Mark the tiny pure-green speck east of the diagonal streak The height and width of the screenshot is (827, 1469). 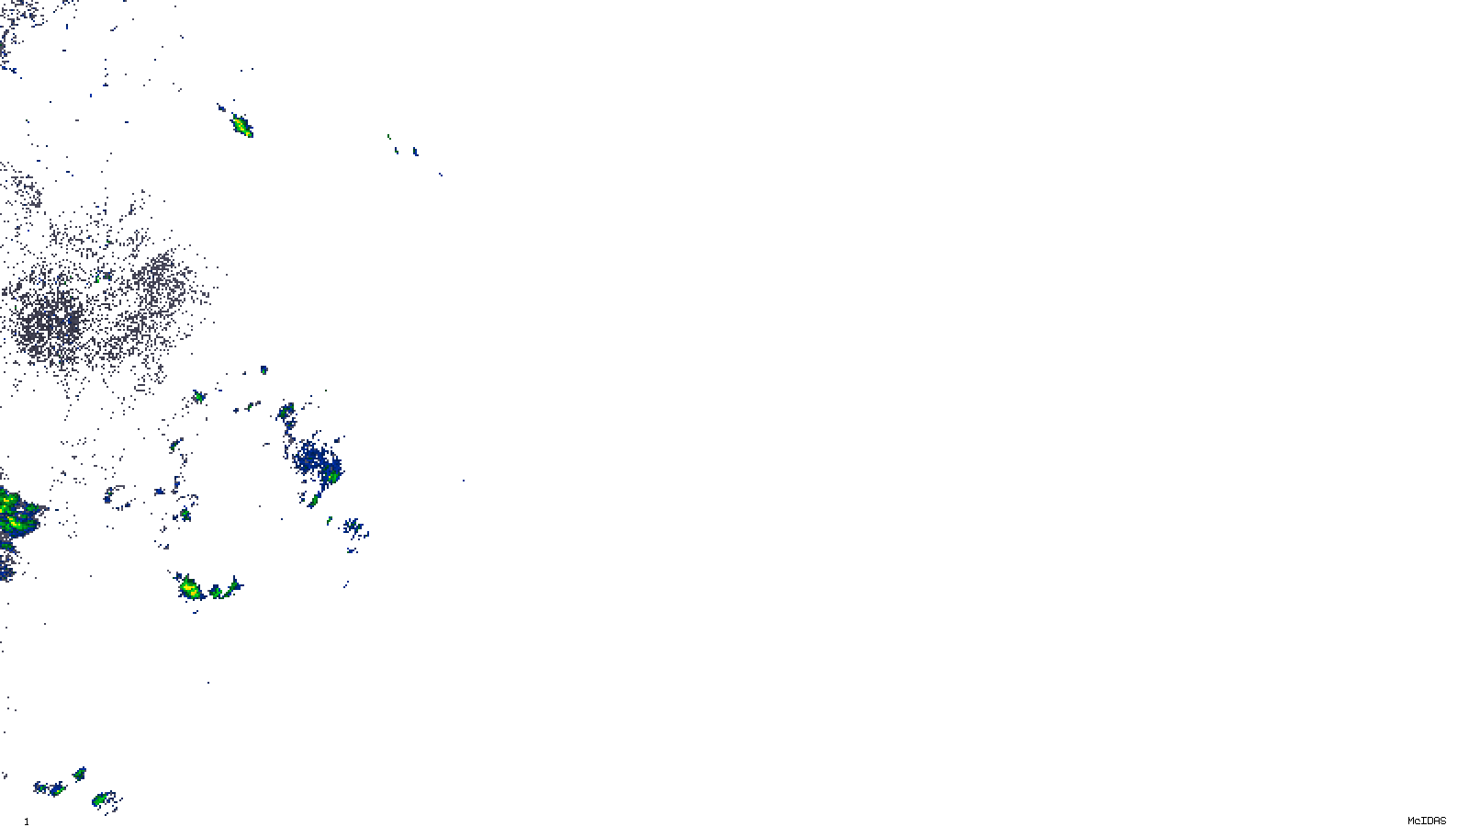389,137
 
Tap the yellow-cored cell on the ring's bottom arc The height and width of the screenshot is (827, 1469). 190,587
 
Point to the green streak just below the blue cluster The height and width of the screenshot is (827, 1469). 314,500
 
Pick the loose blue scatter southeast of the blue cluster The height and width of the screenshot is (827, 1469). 354,528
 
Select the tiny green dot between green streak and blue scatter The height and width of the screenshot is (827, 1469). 330,520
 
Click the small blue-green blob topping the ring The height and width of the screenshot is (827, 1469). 264,370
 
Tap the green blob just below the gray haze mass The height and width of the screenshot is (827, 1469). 197,397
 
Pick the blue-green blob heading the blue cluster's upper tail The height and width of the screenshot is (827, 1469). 286,410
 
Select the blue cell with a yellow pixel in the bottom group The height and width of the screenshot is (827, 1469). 54,788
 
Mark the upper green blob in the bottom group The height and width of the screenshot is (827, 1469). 80,774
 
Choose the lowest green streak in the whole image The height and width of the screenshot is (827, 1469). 102,799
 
